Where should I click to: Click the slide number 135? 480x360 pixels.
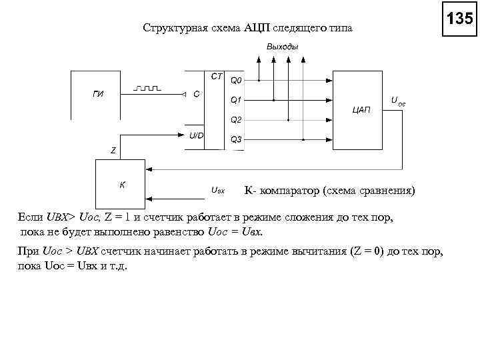pyautogui.click(x=459, y=19)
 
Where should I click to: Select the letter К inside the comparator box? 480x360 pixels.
pyautogui.click(x=123, y=184)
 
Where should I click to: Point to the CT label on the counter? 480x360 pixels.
pyautogui.click(x=217, y=76)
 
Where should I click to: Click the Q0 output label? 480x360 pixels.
pyautogui.click(x=236, y=81)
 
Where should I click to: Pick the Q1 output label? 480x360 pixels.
pyautogui.click(x=236, y=100)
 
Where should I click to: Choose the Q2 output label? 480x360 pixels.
pyautogui.click(x=236, y=120)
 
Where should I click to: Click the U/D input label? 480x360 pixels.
pyautogui.click(x=197, y=135)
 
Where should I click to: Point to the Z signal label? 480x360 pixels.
pyautogui.click(x=113, y=150)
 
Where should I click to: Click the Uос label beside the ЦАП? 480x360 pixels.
pyautogui.click(x=397, y=102)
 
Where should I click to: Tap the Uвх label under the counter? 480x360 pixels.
pyautogui.click(x=217, y=191)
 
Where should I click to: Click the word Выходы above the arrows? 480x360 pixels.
pyautogui.click(x=282, y=46)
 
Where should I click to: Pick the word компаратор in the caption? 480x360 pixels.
pyautogui.click(x=288, y=191)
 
